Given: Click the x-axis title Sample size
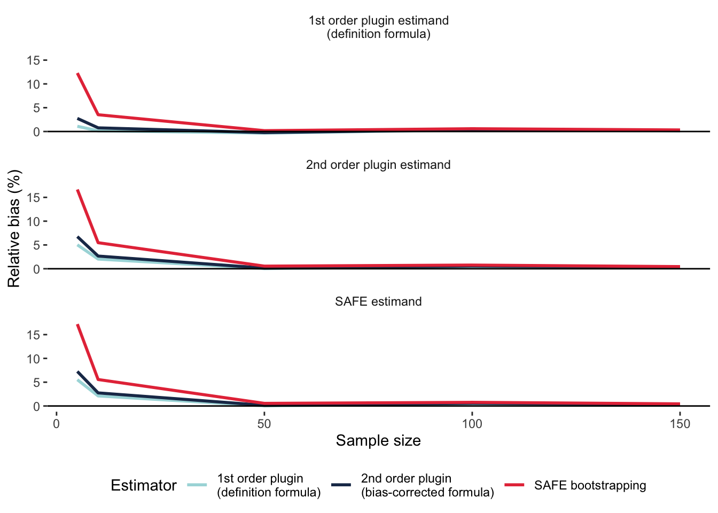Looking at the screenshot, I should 378,441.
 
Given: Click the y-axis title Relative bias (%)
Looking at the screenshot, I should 14,229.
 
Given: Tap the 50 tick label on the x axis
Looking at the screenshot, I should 264,424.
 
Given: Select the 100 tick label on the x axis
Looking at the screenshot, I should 472,424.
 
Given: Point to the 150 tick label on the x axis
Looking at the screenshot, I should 680,424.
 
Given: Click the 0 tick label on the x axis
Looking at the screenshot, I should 56,424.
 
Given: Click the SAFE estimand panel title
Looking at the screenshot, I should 378,301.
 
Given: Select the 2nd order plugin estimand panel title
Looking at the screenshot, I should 378,165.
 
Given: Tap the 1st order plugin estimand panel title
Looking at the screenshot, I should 378,27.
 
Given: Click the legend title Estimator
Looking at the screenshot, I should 143,485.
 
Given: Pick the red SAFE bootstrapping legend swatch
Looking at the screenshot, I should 516,485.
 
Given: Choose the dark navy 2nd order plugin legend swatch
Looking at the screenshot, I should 341,485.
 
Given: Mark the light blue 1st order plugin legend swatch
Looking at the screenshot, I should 197,485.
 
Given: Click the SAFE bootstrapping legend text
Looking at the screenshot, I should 590,485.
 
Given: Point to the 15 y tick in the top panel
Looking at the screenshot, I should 33,60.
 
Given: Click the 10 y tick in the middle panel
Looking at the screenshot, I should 33,221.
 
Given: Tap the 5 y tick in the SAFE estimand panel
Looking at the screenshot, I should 36,383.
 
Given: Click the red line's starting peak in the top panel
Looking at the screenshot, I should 77,73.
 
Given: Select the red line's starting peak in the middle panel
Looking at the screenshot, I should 77,190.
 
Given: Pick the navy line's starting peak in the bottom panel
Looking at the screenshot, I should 77,372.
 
